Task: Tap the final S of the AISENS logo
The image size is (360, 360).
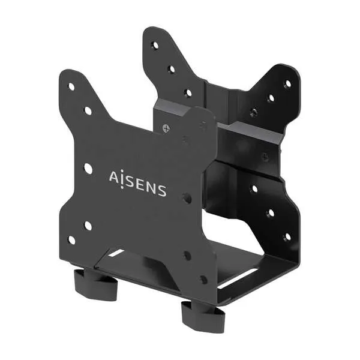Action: [161, 191]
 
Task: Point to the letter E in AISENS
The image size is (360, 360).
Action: [140, 184]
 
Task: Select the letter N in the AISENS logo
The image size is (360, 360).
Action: [151, 187]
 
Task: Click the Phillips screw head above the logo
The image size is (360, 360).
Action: [166, 127]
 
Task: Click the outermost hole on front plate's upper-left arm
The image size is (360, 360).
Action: [71, 86]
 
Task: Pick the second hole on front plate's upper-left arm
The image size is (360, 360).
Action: [88, 110]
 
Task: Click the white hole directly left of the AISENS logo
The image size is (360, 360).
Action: [88, 169]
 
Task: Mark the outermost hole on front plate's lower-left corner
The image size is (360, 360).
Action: [72, 240]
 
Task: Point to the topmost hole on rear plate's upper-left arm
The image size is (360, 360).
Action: [155, 46]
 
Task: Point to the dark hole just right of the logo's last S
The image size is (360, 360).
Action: [187, 197]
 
